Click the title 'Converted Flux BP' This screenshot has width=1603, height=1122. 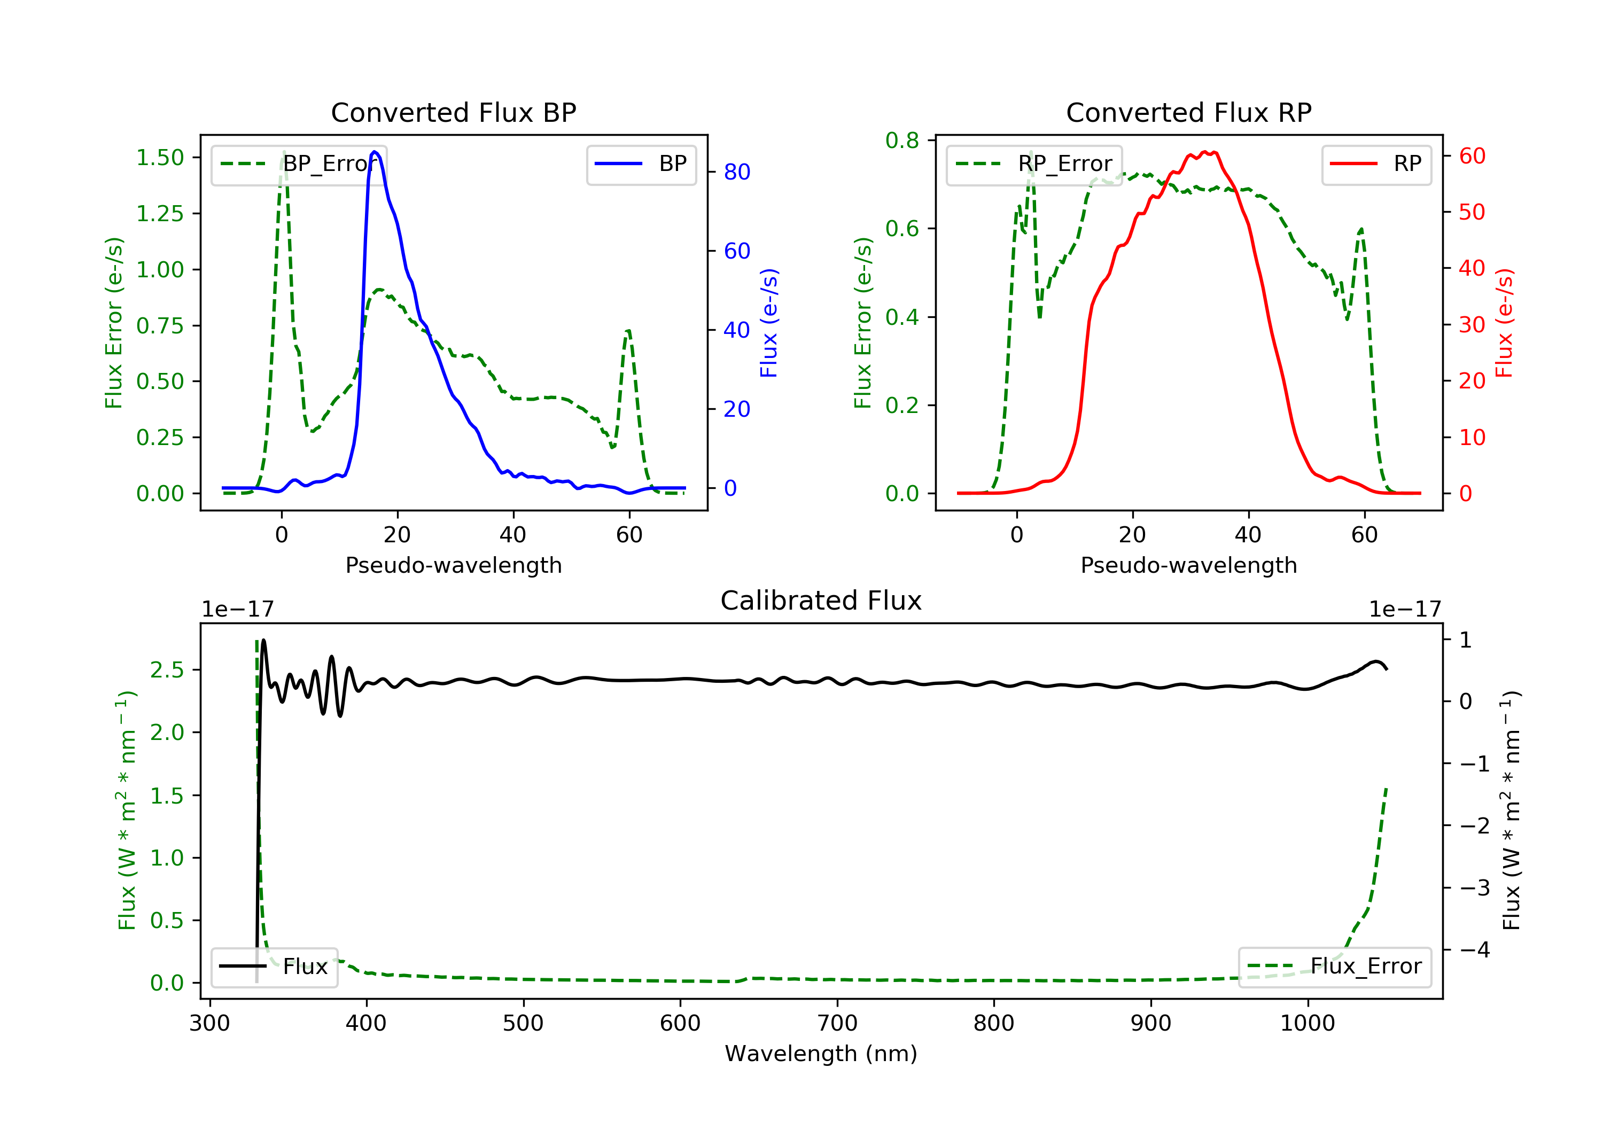453,112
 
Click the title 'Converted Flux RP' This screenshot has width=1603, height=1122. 1188,112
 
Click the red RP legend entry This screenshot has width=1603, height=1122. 1376,164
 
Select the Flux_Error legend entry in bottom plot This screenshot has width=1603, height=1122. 1334,967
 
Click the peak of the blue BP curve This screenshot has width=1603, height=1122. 375,152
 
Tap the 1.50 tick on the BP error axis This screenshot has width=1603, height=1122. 160,158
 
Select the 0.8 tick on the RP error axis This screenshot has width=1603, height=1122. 902,141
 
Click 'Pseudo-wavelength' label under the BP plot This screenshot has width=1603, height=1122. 453,565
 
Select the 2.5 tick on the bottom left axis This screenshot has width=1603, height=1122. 167,671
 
